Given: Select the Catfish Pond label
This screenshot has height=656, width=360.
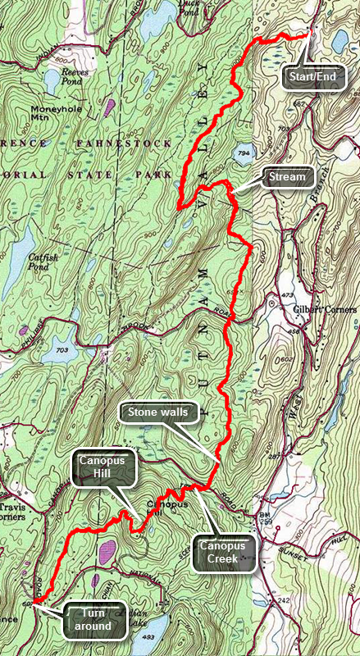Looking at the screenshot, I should click(x=42, y=260).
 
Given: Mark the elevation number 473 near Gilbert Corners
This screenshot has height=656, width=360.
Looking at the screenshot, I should click(x=286, y=294).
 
